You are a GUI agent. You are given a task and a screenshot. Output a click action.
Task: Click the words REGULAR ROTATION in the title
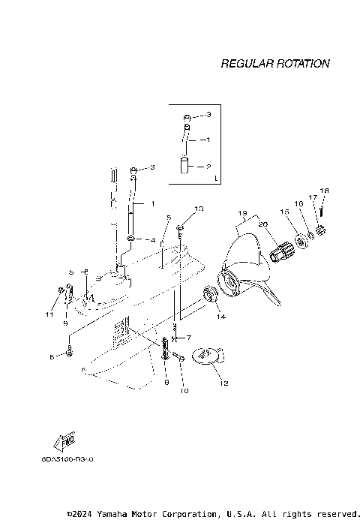(274, 64)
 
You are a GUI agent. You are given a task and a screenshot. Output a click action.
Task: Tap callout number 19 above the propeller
(242, 214)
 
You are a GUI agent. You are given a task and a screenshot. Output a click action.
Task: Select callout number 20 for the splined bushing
(262, 224)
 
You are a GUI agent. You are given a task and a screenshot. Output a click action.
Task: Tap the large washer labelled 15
(305, 239)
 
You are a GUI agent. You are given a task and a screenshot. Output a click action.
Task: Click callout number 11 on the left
(49, 314)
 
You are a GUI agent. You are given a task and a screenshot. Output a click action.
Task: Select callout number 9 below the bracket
(65, 323)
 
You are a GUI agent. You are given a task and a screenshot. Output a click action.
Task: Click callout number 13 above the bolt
(199, 208)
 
